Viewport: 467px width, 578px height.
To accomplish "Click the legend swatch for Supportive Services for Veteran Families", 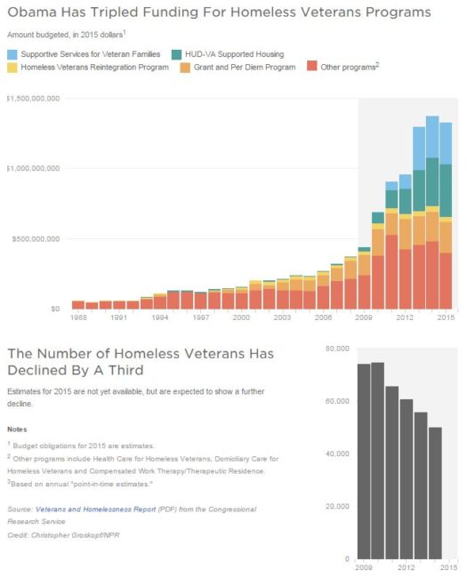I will tap(12, 54).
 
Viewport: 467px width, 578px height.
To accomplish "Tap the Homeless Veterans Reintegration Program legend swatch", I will tap(12, 67).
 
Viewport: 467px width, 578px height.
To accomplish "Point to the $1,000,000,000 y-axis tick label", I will tap(32, 168).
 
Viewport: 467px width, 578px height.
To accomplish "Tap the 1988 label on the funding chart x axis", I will tap(77, 317).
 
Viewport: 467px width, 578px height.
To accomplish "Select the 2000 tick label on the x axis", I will tap(241, 317).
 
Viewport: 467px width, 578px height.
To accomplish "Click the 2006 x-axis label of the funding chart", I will tap(323, 317).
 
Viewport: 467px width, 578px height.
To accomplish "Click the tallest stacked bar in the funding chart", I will tap(432, 213).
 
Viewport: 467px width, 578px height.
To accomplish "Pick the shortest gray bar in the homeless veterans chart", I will tap(435, 493).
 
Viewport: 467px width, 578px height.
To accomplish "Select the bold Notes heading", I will tap(17, 429).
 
